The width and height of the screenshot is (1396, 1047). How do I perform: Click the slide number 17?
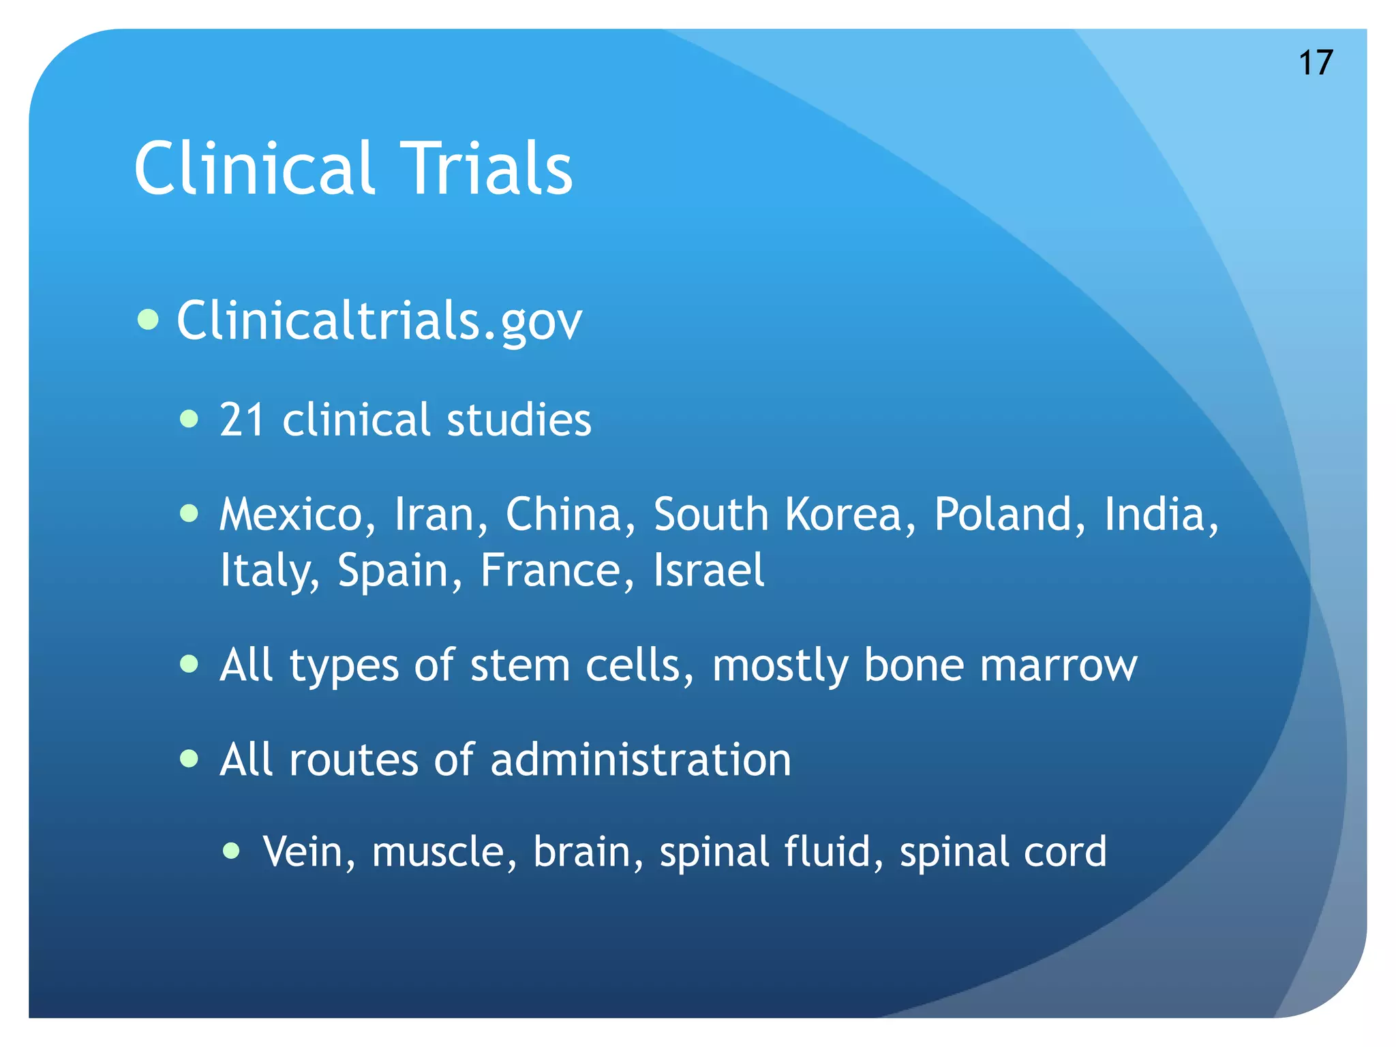1316,63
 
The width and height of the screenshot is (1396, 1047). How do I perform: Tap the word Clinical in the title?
254,169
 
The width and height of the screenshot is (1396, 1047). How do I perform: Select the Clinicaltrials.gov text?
379,320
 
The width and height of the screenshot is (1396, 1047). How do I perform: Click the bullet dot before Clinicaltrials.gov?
148,319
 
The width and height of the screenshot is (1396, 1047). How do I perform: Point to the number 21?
242,419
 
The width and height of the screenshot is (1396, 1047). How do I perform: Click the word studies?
519,419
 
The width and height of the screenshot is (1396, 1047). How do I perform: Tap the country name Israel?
709,570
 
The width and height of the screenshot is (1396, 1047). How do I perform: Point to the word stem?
519,665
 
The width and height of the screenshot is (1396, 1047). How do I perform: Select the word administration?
641,759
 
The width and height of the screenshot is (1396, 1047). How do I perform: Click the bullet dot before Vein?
232,850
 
